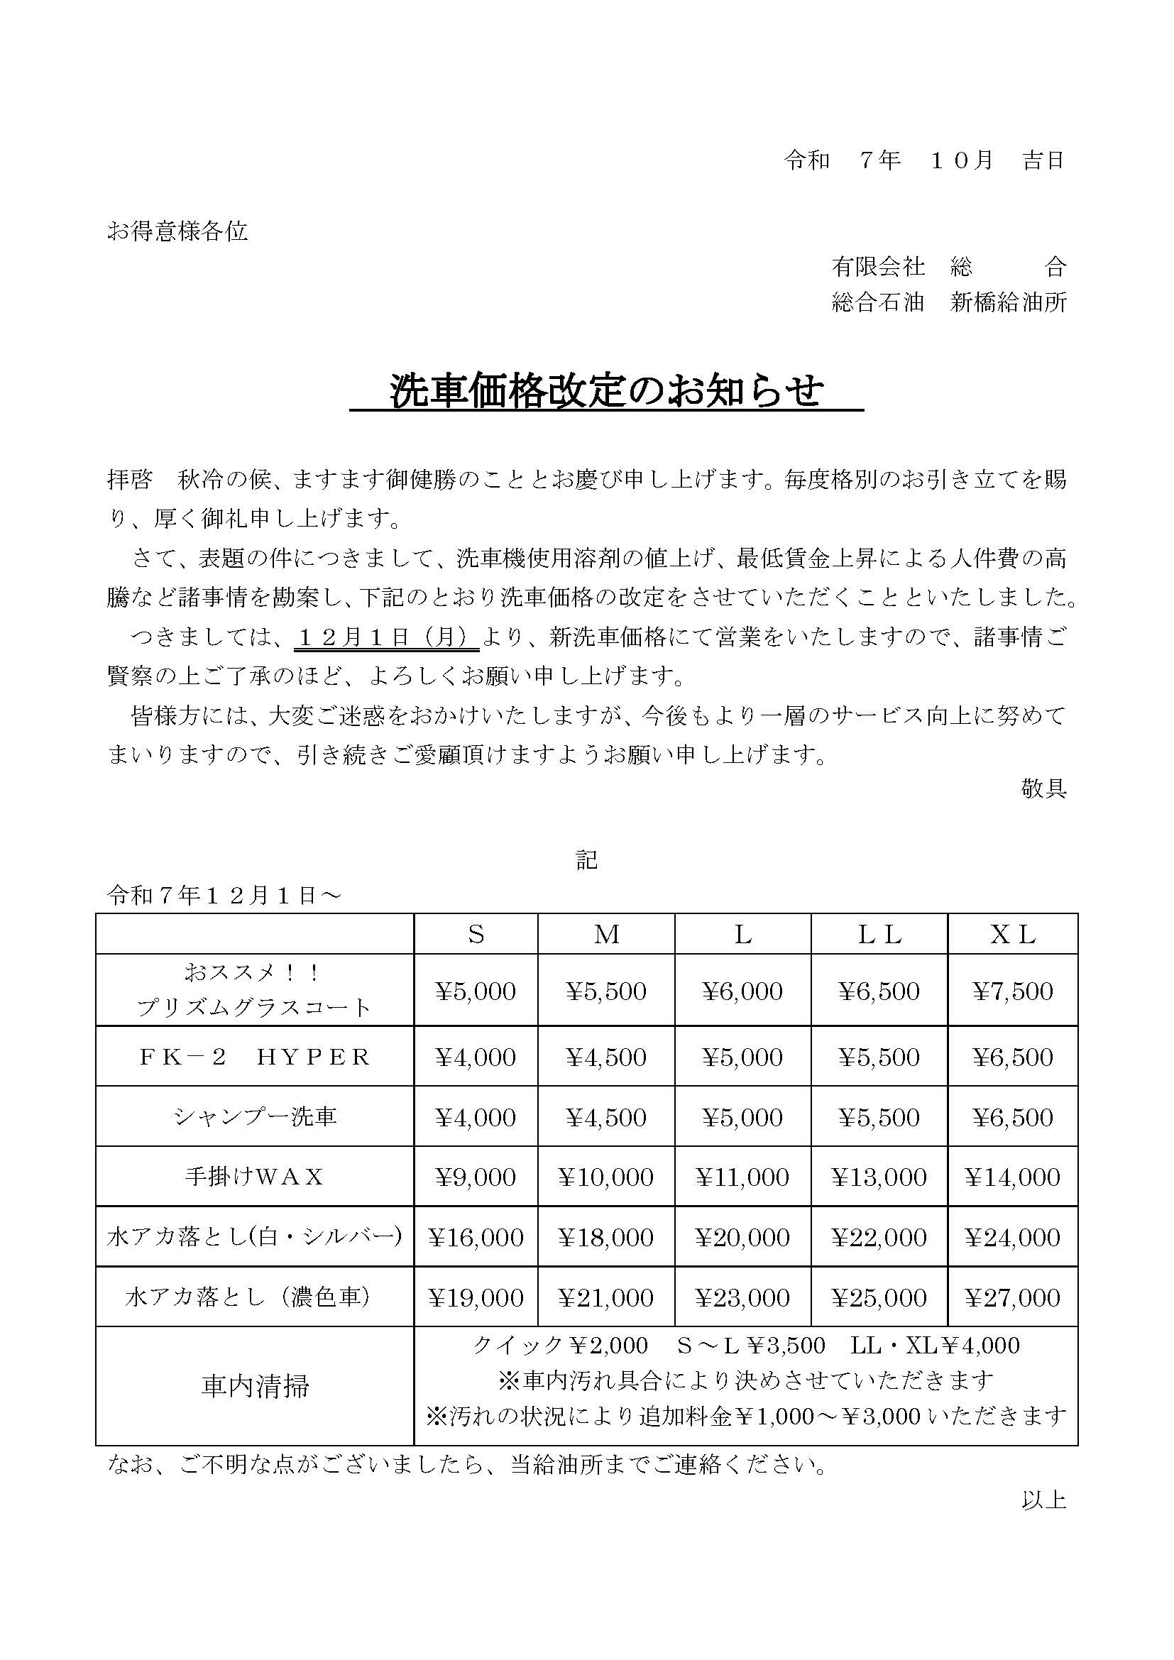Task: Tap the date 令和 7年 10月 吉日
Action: click(x=925, y=160)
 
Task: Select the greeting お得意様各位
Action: click(x=177, y=231)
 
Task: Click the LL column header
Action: click(x=879, y=934)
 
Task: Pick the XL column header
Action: click(x=1012, y=934)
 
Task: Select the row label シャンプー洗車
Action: click(x=255, y=1117)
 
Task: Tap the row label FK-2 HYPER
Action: click(x=255, y=1057)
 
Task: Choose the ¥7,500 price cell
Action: click(x=1012, y=991)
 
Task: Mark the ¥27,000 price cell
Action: click(x=1012, y=1297)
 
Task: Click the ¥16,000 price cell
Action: click(x=476, y=1237)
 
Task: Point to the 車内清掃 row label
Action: click(x=255, y=1386)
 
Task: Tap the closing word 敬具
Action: click(x=1044, y=788)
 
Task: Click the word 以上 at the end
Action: click(x=1044, y=1500)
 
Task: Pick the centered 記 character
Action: click(x=586, y=859)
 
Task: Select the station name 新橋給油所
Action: click(x=1009, y=302)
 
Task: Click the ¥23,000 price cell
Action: click(x=742, y=1297)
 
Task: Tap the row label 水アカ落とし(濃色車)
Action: click(x=249, y=1297)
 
